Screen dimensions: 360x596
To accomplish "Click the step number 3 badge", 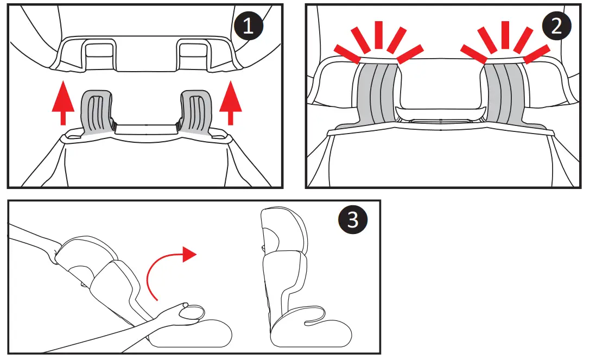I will click(x=353, y=220).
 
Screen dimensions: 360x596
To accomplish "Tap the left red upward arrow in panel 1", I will click(x=63, y=103).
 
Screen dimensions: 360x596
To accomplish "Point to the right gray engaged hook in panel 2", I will click(x=504, y=92).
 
